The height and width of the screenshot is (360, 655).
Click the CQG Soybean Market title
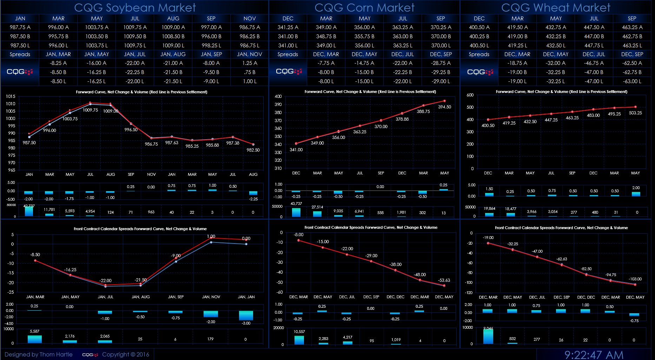[x=135, y=7]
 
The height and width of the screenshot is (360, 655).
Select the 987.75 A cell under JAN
[x=20, y=27]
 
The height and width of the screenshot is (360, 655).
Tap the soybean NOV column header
[x=250, y=19]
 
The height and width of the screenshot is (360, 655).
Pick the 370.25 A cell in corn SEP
[x=441, y=27]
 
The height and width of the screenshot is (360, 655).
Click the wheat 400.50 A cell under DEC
[x=479, y=27]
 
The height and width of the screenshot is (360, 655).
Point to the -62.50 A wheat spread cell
[x=632, y=63]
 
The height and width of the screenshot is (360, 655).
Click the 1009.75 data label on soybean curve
[x=90, y=110]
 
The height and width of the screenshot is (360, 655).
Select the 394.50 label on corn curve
[x=444, y=107]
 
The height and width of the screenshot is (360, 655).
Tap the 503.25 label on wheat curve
[x=635, y=113]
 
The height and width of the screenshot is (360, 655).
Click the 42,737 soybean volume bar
[x=29, y=212]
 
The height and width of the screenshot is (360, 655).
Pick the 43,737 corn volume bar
[x=296, y=212]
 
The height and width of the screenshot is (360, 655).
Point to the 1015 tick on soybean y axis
[x=11, y=96]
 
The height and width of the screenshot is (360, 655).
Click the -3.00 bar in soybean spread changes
[x=246, y=315]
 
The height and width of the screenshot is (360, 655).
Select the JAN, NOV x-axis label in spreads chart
[x=211, y=297]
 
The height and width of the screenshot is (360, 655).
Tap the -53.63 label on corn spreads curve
[x=444, y=280]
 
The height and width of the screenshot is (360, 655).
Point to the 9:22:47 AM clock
[x=594, y=355]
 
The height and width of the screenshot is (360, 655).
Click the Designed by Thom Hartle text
[x=39, y=354]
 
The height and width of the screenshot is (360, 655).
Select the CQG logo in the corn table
[x=289, y=72]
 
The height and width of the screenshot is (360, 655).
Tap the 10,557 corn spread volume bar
[x=299, y=340]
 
